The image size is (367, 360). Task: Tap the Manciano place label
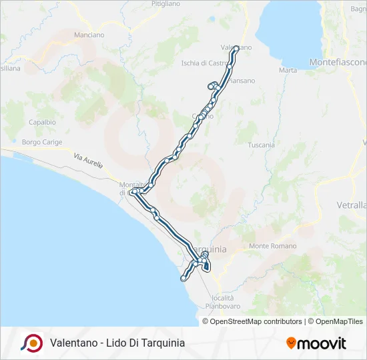89,35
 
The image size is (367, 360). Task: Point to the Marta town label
288,70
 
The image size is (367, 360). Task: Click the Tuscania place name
261,145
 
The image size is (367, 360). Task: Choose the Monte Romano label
268,246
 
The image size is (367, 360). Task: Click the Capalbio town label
42,123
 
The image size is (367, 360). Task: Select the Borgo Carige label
41,142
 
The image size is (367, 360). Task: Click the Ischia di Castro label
205,63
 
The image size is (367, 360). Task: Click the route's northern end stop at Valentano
236,48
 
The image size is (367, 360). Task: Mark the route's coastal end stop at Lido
183,279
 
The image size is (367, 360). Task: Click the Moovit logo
316,343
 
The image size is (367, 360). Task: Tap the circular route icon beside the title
31,343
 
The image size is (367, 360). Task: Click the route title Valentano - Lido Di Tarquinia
117,343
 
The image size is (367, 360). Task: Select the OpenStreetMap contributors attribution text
256,321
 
